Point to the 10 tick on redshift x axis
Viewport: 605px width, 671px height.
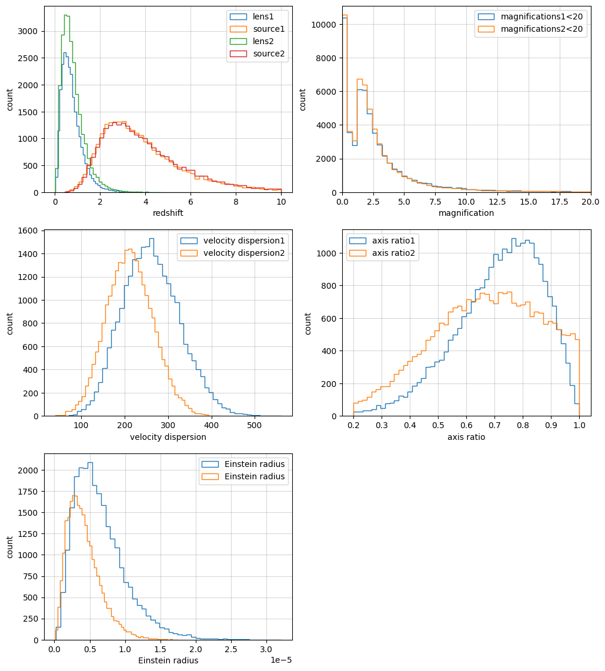(281, 202)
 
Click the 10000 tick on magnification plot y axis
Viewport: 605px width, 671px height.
(325, 25)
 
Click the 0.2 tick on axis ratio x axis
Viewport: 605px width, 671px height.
(353, 425)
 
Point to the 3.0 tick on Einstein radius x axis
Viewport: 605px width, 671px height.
(266, 649)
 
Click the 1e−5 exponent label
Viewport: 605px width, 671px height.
(281, 660)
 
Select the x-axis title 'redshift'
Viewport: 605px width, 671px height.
(168, 213)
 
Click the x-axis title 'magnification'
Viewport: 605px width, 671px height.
(466, 213)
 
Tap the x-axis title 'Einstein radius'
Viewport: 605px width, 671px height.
(168, 660)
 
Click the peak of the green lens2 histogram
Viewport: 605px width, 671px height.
(66, 15)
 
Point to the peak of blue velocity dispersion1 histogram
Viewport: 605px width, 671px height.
(152, 238)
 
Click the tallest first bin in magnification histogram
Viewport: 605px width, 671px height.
(345, 15)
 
